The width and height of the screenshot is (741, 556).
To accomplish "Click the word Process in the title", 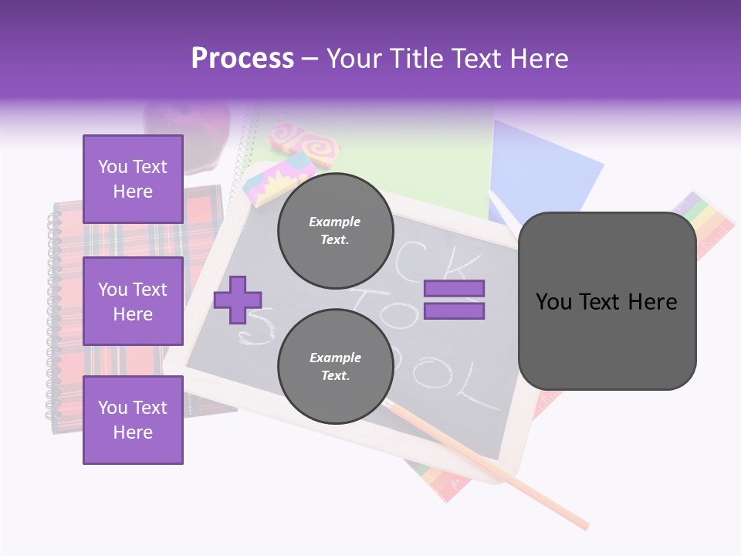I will pyautogui.click(x=242, y=59).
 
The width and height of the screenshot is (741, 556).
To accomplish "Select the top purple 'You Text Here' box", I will pyautogui.click(x=133, y=179).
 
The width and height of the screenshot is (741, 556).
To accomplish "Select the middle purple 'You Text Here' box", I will pyautogui.click(x=133, y=301).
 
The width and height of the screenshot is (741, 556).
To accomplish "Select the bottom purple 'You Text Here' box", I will pyautogui.click(x=133, y=419).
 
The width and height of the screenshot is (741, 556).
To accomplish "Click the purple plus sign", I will pyautogui.click(x=238, y=300).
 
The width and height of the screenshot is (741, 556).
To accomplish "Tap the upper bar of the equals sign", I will pyautogui.click(x=455, y=288).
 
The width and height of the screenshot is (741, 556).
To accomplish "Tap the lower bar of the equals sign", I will pyautogui.click(x=455, y=311).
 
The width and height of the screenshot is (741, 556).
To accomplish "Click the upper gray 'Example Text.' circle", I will pyautogui.click(x=335, y=230).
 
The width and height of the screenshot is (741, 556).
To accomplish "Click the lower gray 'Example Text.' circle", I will pyautogui.click(x=335, y=366).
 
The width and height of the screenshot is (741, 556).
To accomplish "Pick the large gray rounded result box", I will pyautogui.click(x=607, y=301).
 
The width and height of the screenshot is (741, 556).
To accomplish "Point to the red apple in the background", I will pyautogui.click(x=188, y=127).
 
